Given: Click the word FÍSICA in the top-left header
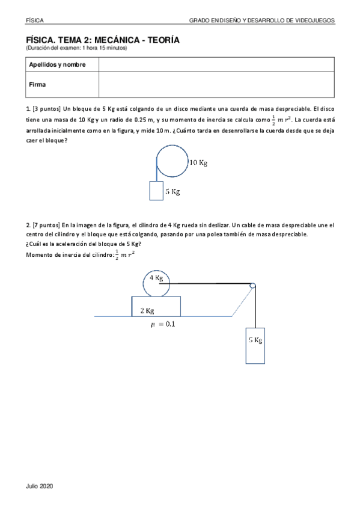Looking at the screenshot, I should click(x=34, y=20).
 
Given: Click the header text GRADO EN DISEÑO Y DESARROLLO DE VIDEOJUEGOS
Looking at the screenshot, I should click(x=262, y=20).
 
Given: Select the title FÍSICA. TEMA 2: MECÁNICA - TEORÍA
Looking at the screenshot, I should click(x=102, y=40).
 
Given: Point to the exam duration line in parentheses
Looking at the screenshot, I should click(x=76, y=48).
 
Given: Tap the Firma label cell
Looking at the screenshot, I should click(x=37, y=85).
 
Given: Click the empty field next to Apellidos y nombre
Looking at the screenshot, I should click(x=216, y=64).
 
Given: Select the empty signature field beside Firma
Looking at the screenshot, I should click(x=216, y=85).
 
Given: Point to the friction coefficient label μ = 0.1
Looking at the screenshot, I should click(x=163, y=324).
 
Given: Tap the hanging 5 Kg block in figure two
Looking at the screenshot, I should click(x=255, y=345).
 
